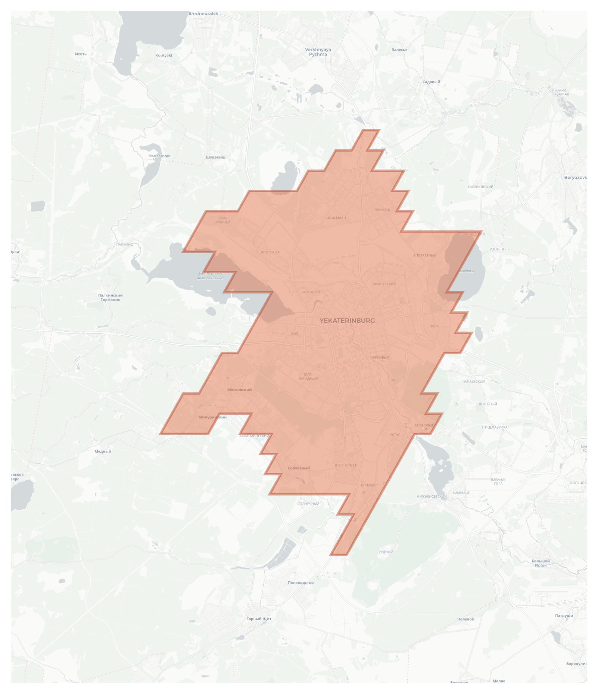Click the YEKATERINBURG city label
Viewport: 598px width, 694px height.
pos(347,320)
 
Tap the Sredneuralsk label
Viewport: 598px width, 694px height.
pos(203,14)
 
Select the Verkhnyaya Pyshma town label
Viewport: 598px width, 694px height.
pos(318,52)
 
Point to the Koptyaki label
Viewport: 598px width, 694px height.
pos(163,56)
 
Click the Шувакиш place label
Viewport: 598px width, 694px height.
pos(215,157)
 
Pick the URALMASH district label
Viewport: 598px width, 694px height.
pos(336,218)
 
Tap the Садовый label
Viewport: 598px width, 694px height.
pos(431,82)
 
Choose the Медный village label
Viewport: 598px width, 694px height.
pos(103,451)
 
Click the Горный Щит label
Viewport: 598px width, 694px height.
pos(259,619)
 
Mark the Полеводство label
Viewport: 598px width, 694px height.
pos(300,582)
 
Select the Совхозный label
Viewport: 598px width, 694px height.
pos(299,468)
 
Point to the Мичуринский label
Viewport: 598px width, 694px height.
pos(212,417)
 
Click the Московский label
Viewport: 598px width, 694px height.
pos(239,390)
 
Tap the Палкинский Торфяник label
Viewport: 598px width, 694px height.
pos(110,298)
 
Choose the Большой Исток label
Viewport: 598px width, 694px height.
pos(541,563)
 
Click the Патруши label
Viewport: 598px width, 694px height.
pos(564,616)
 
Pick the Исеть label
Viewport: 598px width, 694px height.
pos(81,54)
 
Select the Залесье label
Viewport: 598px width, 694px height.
pos(399,50)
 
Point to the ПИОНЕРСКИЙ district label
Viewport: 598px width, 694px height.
pos(384,284)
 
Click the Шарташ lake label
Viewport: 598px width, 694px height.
pos(467,271)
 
